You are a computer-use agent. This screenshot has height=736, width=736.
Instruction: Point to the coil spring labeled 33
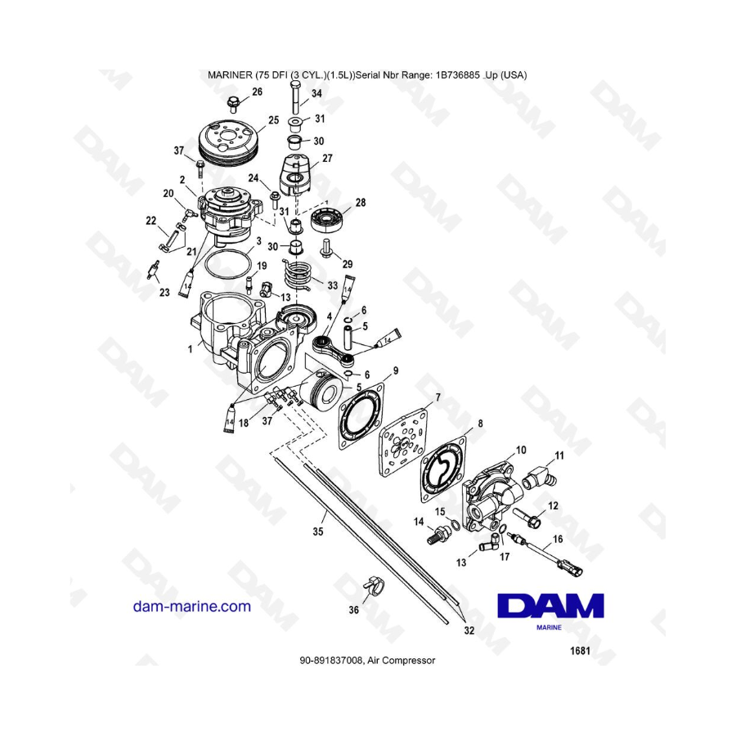tap(298, 275)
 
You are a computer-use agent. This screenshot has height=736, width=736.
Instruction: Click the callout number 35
tap(318, 532)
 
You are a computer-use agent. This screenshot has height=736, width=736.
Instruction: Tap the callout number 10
tap(521, 450)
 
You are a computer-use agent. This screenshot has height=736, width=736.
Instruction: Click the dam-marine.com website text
tap(192, 606)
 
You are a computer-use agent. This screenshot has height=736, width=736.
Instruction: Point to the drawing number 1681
tap(580, 651)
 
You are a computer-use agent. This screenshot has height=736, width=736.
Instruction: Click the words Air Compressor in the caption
tap(402, 661)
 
